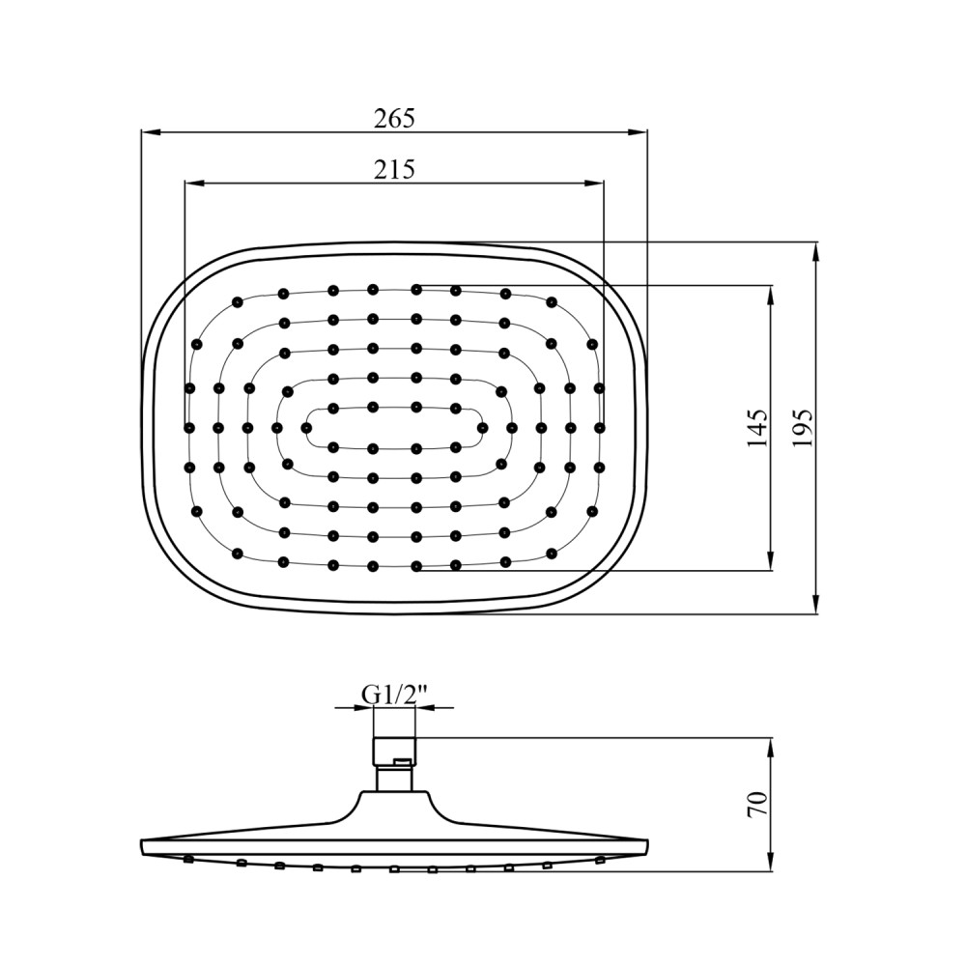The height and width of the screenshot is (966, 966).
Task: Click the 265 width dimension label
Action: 394,118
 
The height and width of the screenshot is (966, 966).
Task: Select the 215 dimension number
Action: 394,169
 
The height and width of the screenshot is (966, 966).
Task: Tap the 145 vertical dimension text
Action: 757,427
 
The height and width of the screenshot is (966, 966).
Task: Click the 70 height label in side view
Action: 757,804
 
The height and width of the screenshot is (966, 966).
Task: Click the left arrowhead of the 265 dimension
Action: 151,131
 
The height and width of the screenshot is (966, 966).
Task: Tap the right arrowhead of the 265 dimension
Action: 638,131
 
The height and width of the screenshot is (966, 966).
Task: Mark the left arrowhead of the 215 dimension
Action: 195,182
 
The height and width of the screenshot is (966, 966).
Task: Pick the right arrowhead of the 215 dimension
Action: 594,182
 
